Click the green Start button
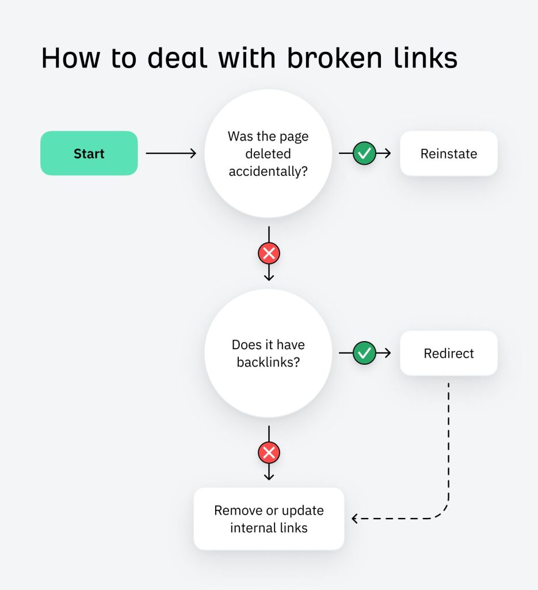[x=89, y=153]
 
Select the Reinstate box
[x=449, y=153]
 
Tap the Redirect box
[x=449, y=353]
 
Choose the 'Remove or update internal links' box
[x=269, y=519]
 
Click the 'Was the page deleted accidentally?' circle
[x=268, y=153]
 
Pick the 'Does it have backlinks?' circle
[x=268, y=353]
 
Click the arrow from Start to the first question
[x=171, y=153]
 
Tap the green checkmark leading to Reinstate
[x=364, y=153]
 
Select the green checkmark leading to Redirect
[x=364, y=353]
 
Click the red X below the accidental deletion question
[x=269, y=253]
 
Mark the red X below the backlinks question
[x=269, y=453]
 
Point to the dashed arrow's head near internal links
[x=355, y=519]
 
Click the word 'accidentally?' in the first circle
[x=268, y=172]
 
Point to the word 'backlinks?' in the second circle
[x=268, y=363]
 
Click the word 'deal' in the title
[x=175, y=58]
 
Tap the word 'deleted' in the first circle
[x=268, y=154]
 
